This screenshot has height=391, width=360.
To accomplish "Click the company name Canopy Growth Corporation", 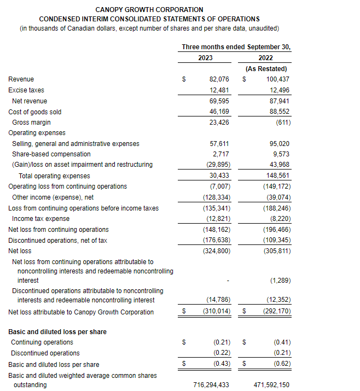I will [149, 10].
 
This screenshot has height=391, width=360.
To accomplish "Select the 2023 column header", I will [206, 58].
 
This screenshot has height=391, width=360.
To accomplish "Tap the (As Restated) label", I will [266, 69].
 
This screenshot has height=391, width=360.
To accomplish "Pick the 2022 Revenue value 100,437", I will [278, 79].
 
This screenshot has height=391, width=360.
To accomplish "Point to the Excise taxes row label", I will [26, 90].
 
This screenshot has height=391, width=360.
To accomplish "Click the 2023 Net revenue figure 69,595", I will [219, 101].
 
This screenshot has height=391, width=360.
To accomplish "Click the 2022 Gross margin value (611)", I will [282, 122].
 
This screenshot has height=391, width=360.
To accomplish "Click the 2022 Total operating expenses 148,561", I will [278, 176].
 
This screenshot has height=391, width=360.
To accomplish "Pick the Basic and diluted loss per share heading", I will [57, 332].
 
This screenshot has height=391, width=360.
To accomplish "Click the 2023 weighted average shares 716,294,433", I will [211, 385].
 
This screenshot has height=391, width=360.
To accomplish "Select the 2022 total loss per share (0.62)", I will [282, 364].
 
